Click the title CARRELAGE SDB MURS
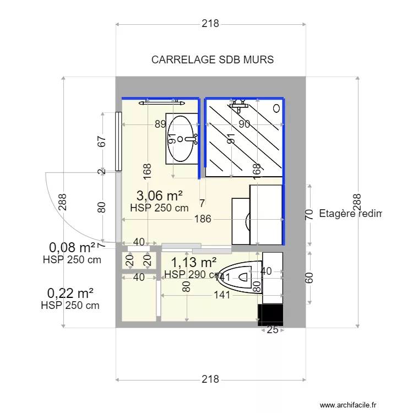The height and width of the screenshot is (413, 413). [x=212, y=59]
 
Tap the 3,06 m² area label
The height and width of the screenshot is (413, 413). [x=159, y=195]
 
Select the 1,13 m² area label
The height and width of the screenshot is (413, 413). [x=193, y=262]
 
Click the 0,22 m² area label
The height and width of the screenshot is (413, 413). [x=70, y=292]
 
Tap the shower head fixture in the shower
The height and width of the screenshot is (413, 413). [x=239, y=103]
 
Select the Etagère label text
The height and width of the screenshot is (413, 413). [x=350, y=214]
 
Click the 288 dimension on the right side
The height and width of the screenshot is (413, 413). [x=357, y=203]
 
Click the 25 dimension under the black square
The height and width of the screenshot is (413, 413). [x=271, y=330]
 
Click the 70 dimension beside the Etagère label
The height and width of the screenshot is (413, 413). [x=309, y=214]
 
